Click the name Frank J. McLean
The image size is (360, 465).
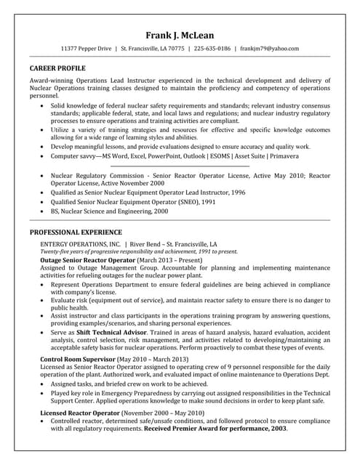pos(180,35)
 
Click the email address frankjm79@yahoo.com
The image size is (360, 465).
pos(269,49)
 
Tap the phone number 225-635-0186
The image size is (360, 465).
pos(212,49)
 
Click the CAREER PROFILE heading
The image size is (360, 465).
pos(57,68)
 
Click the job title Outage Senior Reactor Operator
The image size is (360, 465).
pos(87,259)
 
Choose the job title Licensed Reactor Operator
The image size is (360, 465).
pos(79,413)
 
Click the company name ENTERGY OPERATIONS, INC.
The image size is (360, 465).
pos(80,243)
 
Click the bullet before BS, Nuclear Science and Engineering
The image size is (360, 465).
pos(42,211)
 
